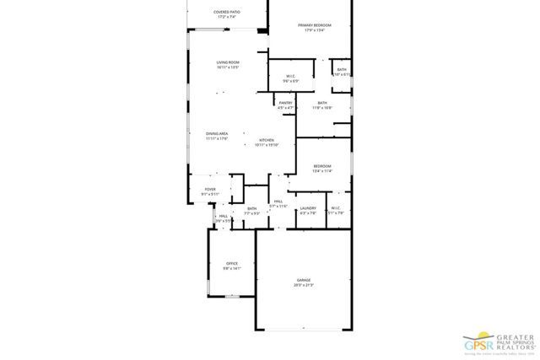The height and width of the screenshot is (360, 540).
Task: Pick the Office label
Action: (x=231, y=266)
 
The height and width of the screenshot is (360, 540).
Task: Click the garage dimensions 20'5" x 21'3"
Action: (x=303, y=286)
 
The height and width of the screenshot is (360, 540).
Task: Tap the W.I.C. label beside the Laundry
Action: (x=335, y=209)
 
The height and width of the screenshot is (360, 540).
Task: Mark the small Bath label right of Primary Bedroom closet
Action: (x=342, y=71)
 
